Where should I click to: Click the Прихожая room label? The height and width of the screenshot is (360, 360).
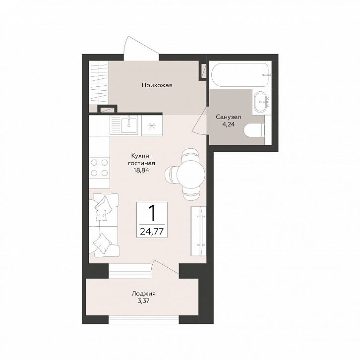pyautogui.click(x=157, y=86)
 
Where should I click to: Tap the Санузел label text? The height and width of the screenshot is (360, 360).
pyautogui.click(x=228, y=117)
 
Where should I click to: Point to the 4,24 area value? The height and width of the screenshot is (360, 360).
pyautogui.click(x=228, y=124)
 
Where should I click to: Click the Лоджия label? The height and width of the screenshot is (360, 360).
pyautogui.click(x=143, y=294)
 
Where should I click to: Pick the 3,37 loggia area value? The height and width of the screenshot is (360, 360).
pyautogui.click(x=143, y=301)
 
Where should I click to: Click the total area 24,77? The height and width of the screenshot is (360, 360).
pyautogui.click(x=152, y=232)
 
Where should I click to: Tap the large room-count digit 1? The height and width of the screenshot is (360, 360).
pyautogui.click(x=152, y=213)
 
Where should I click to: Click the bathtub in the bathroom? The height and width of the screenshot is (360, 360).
pyautogui.click(x=240, y=75)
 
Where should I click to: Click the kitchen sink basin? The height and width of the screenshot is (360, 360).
pyautogui.click(x=129, y=124)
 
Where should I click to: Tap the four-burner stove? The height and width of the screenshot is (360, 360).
pyautogui.click(x=99, y=168)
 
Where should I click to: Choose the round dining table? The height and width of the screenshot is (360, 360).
pyautogui.click(x=190, y=173)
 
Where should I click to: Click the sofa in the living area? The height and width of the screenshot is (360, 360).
pyautogui.click(x=104, y=225)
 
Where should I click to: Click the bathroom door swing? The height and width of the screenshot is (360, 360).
pyautogui.click(x=200, y=120)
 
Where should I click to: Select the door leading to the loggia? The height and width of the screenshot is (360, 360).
pyautogui.click(x=165, y=267)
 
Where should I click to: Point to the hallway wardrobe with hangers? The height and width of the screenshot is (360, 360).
pyautogui.click(x=99, y=83)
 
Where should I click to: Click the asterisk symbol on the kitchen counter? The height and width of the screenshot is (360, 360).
pyautogui.click(x=151, y=125)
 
